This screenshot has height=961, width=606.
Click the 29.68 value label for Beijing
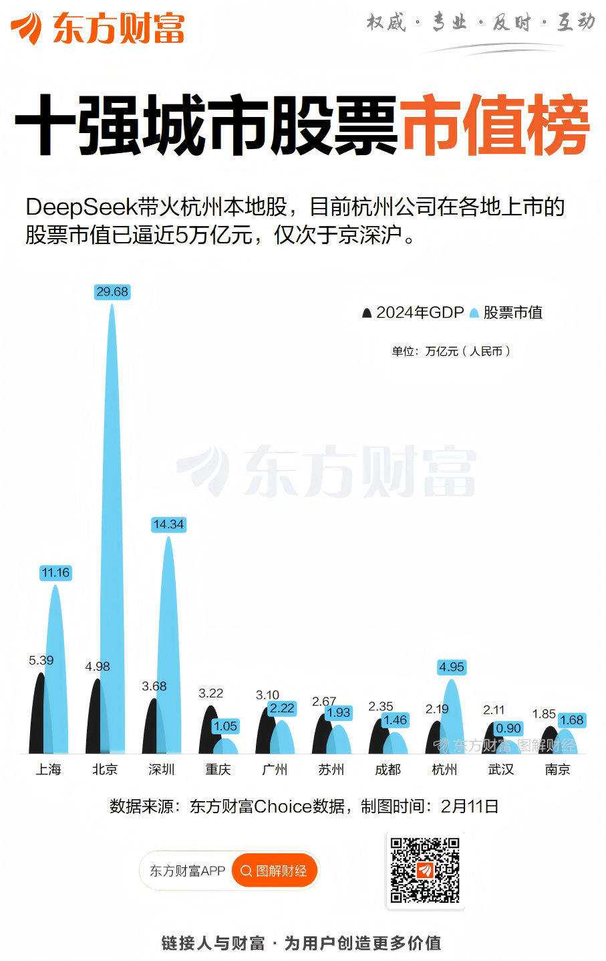(112, 292)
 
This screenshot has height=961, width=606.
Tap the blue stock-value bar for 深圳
(168, 655)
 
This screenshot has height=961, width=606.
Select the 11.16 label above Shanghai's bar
(55, 572)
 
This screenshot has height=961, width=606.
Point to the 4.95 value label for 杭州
(452, 667)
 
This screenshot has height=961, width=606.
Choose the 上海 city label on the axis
(49, 770)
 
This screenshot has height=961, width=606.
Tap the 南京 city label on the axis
(558, 770)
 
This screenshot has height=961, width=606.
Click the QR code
(425, 870)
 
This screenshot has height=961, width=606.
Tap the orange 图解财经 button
(275, 871)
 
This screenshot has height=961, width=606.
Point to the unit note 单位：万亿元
(451, 351)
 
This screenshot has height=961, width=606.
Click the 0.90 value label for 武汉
(508, 728)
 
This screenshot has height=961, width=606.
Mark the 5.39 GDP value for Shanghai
(41, 660)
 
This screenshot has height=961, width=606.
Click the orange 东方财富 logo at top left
(98, 28)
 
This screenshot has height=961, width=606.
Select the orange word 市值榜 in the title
(494, 126)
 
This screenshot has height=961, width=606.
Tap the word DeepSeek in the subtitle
(81, 207)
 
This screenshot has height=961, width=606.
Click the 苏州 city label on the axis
(331, 770)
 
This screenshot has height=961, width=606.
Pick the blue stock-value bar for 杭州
(452, 719)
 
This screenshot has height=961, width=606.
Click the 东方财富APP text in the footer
(187, 871)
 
